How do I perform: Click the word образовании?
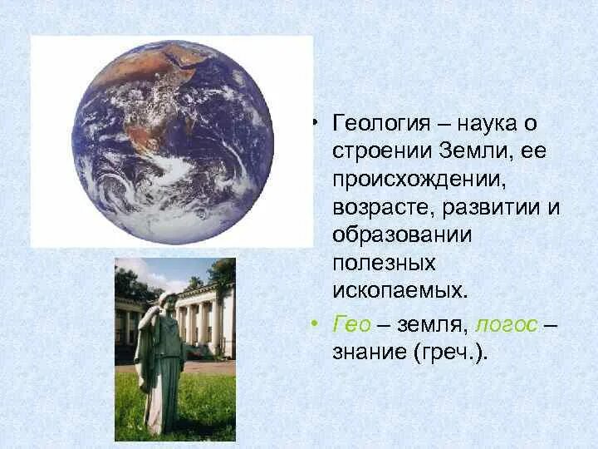[x=402, y=234]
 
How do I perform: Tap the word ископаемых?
[x=397, y=290]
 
